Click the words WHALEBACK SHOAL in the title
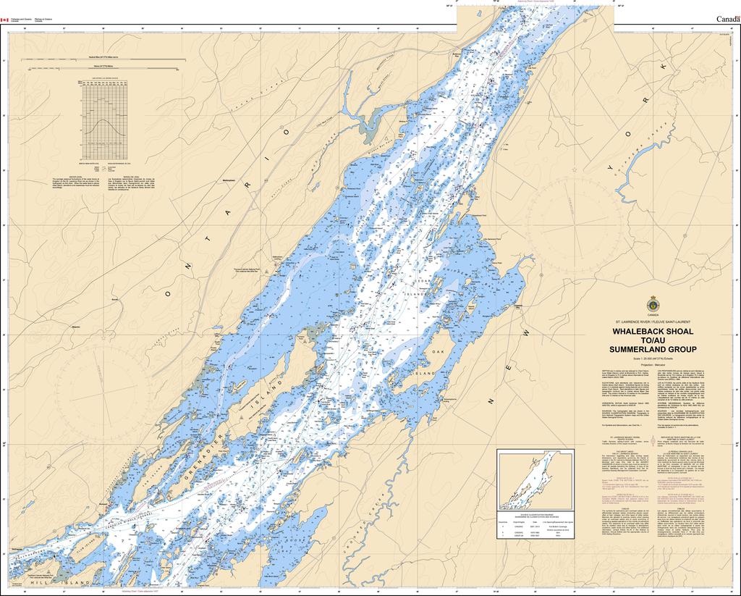(653, 331)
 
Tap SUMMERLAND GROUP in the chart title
(653, 349)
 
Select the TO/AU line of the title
(653, 340)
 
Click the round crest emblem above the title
(653, 304)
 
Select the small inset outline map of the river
(535, 479)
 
